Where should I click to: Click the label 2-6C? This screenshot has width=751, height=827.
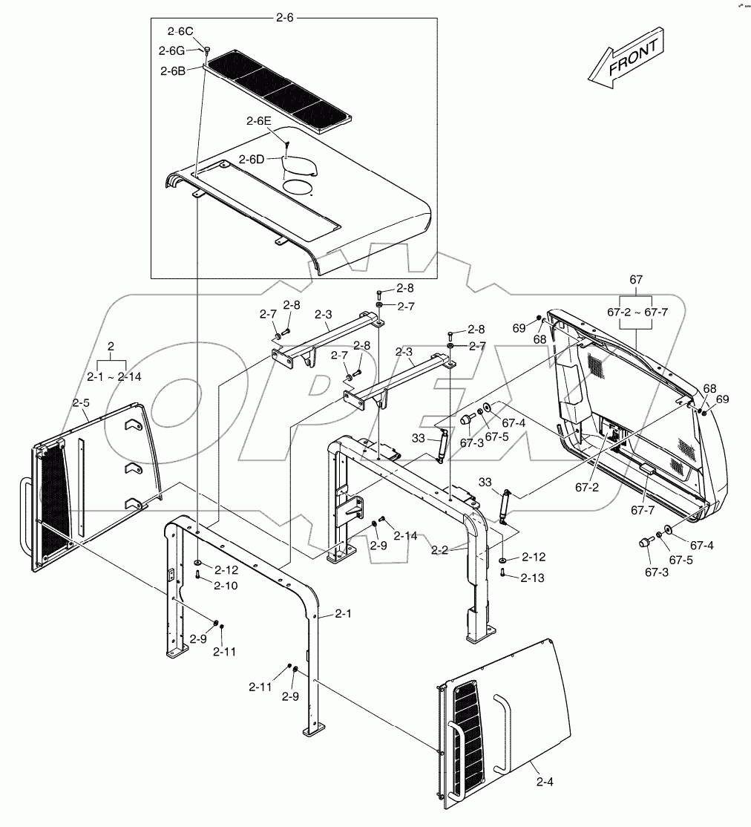[180, 31]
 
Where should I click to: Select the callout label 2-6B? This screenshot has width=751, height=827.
[172, 71]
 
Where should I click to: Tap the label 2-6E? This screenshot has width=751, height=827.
[260, 120]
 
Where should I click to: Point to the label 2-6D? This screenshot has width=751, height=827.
[252, 160]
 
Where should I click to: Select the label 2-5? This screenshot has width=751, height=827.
[81, 403]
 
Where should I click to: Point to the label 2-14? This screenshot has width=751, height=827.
[405, 535]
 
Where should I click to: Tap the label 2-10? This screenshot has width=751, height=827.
[226, 586]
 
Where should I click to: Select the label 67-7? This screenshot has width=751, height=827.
[643, 510]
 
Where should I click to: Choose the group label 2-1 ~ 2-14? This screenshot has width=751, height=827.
[114, 377]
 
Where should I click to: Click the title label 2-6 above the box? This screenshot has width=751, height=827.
[285, 16]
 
